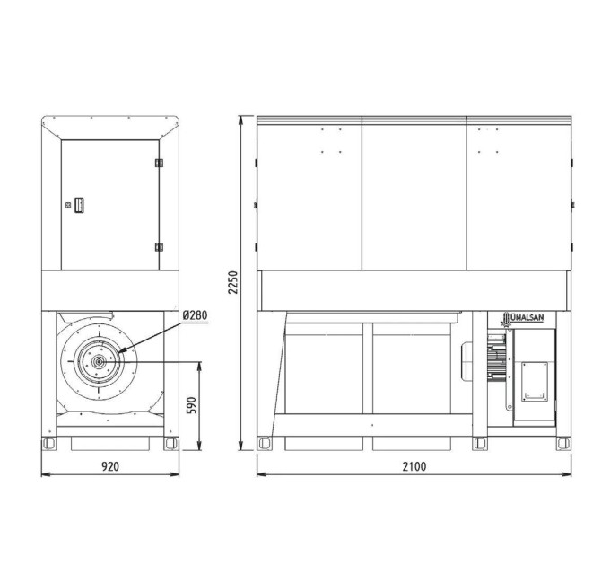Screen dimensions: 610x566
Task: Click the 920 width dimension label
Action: [x=110, y=466]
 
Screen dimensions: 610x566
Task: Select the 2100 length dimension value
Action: [x=414, y=466]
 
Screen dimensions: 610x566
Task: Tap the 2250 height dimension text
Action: [x=233, y=282]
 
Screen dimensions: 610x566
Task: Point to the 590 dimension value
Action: [x=192, y=405]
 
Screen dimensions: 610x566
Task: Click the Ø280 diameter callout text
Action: [x=196, y=314]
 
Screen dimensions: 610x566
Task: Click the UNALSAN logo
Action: [x=522, y=318]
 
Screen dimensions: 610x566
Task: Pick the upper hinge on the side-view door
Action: [x=159, y=163]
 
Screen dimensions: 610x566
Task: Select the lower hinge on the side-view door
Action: [x=159, y=247]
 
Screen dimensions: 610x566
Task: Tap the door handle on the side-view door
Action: [x=79, y=205]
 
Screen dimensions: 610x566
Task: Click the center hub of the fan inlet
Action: [x=98, y=362]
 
